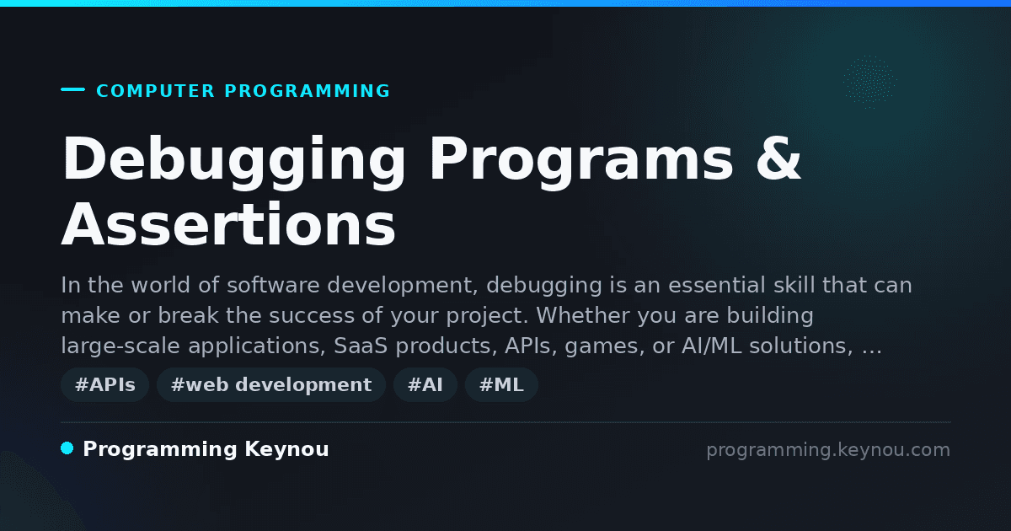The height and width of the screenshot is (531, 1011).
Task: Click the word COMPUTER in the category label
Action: point(155,91)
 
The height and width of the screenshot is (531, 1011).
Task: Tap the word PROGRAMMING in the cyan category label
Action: point(307,91)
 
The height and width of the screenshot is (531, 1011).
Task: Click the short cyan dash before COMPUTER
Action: point(72,89)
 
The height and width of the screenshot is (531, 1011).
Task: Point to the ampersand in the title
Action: point(778,158)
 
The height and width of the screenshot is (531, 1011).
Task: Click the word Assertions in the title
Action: point(228,224)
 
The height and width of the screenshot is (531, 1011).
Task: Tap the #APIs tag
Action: point(105,384)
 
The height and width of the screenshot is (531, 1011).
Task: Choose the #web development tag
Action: point(271,384)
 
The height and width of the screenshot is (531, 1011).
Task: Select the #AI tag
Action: point(425,384)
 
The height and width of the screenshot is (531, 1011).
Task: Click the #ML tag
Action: point(501,384)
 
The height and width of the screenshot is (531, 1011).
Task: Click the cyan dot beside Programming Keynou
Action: point(67,448)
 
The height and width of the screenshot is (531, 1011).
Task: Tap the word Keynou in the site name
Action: point(286,450)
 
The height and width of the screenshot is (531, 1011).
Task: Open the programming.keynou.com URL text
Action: point(828,450)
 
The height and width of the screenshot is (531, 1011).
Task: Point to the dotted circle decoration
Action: point(869,83)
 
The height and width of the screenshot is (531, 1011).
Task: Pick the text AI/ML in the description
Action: point(712,346)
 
